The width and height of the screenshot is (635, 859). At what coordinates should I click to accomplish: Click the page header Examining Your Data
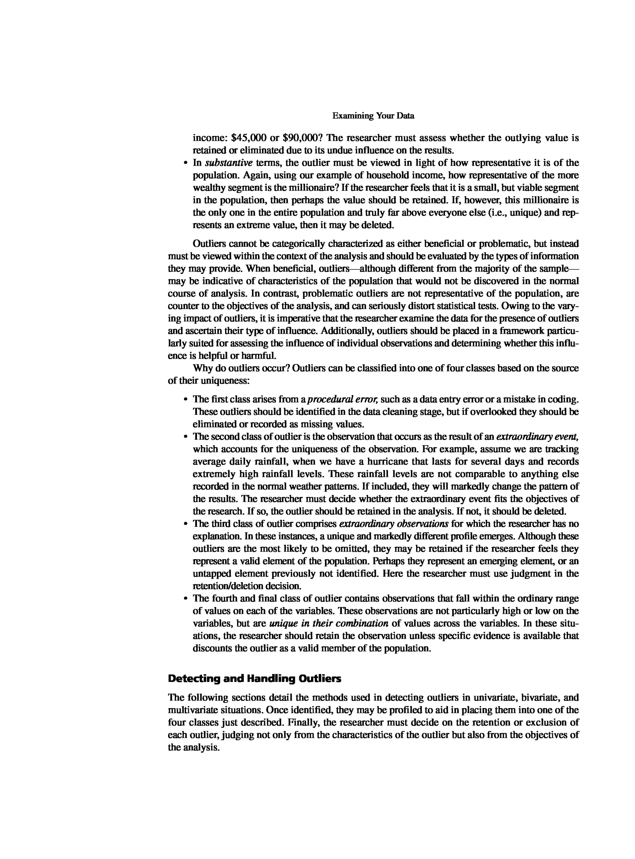tap(373, 116)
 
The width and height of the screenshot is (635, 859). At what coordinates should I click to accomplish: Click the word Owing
tap(519, 306)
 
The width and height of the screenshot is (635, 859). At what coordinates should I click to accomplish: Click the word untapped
tap(211, 574)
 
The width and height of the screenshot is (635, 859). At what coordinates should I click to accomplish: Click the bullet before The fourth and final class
tap(185, 599)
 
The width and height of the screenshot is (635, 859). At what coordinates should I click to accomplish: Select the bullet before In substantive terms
tap(185, 163)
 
